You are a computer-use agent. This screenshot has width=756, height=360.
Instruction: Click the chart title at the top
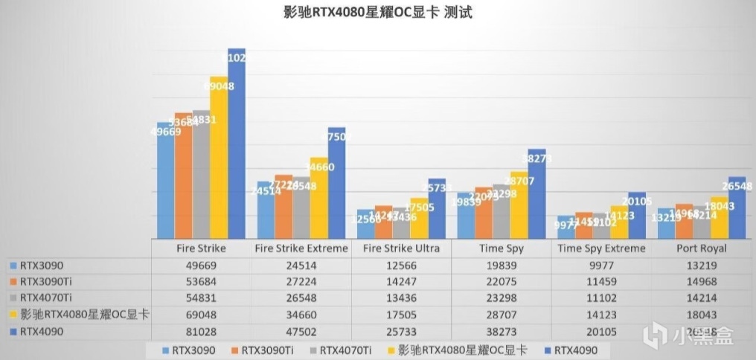pyautogui.click(x=377, y=12)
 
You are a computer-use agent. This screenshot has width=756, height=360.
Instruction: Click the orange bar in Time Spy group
pyautogui.click(x=484, y=213)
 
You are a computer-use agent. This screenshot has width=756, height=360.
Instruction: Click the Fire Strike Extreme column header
pyautogui.click(x=301, y=248)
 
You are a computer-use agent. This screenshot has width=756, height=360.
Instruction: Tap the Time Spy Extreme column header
pyautogui.click(x=602, y=248)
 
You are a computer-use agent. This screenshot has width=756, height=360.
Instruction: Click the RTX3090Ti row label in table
pyautogui.click(x=52, y=281)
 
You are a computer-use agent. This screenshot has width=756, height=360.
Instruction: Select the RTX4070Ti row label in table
pyautogui.click(x=52, y=298)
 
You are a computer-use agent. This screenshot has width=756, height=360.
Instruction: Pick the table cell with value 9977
pyautogui.click(x=602, y=265)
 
